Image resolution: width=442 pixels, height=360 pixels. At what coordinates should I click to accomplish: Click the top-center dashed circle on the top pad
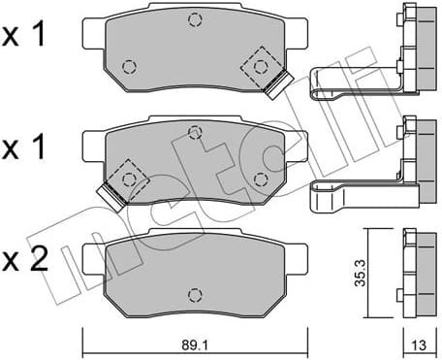[195, 20]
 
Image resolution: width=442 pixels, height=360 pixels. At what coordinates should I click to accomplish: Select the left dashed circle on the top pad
[130, 67]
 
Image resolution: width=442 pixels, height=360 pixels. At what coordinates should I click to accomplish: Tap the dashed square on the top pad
[260, 67]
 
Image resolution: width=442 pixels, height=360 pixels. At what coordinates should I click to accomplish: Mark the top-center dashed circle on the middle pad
[195, 132]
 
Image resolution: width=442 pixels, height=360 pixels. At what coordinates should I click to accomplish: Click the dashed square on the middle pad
[127, 178]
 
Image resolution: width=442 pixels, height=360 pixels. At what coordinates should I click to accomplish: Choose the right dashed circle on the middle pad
[259, 178]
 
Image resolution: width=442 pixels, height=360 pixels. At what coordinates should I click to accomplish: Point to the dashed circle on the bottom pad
[195, 294]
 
